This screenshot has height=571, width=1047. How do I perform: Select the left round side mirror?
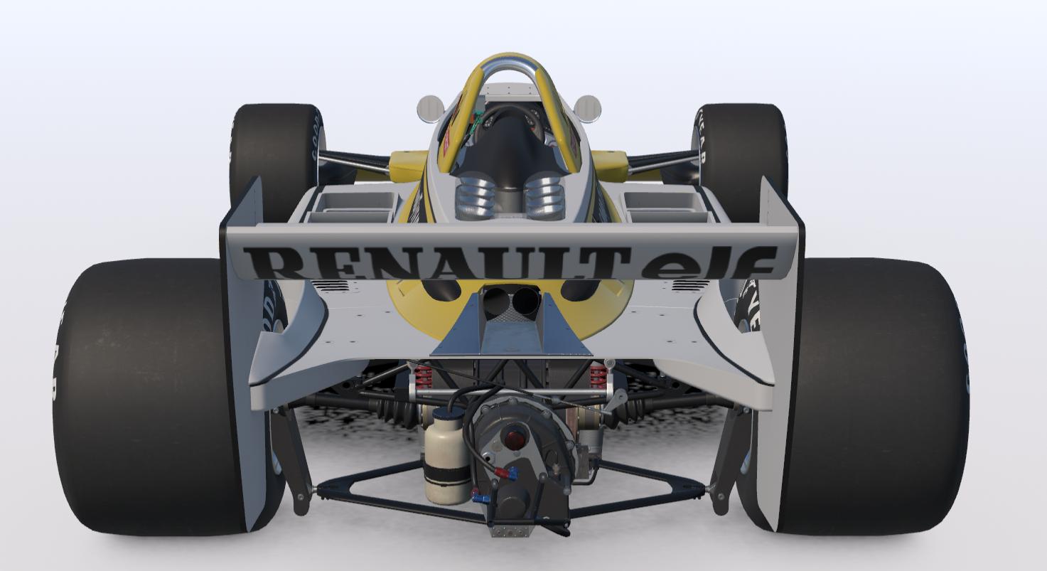(430, 109)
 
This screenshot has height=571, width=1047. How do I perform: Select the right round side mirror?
(587, 108)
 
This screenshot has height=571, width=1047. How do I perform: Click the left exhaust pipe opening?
(495, 301)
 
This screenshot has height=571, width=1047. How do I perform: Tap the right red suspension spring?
(598, 374)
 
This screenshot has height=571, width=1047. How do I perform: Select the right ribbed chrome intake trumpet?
(544, 198)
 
